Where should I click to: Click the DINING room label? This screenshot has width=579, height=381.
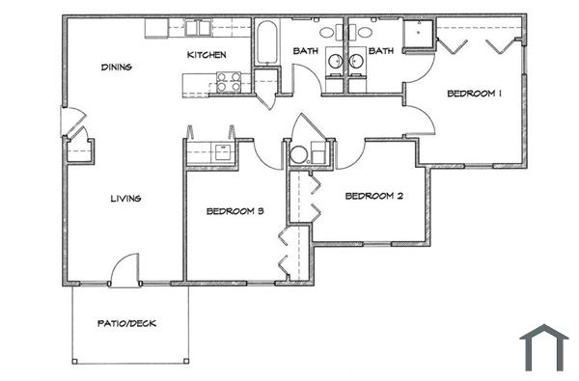click(x=116, y=68)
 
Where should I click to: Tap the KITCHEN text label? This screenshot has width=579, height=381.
click(x=206, y=55)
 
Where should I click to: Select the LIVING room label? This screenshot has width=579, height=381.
click(x=125, y=199)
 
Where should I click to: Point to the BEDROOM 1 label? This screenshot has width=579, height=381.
click(x=473, y=94)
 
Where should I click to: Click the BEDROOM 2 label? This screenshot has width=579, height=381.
click(x=372, y=196)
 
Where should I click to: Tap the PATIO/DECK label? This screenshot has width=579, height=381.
click(x=126, y=323)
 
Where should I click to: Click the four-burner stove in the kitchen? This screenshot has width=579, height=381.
click(x=228, y=83)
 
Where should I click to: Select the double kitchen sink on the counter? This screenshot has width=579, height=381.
click(x=198, y=28)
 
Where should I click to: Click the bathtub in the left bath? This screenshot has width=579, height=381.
click(x=266, y=40)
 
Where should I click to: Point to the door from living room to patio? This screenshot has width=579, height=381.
click(x=124, y=272)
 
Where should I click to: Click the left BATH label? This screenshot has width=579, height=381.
click(x=305, y=51)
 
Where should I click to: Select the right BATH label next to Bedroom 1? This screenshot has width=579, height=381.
click(x=380, y=51)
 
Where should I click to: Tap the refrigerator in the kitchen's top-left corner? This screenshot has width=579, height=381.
click(x=157, y=28)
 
